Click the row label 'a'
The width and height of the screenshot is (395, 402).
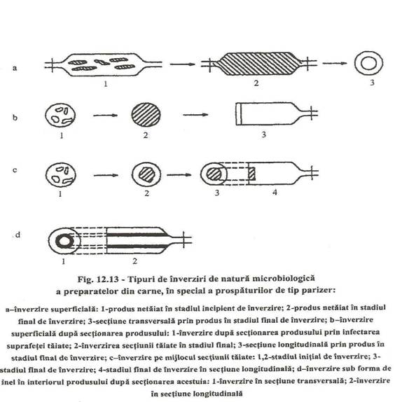click(15, 68)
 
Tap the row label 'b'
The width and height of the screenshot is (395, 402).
click(15, 118)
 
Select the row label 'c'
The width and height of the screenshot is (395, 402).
click(15, 170)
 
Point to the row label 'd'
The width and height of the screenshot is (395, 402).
click(18, 235)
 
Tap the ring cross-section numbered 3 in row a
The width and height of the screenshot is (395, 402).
click(356, 63)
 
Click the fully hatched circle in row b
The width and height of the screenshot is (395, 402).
click(146, 115)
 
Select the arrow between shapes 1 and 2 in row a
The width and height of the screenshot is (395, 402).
click(182, 64)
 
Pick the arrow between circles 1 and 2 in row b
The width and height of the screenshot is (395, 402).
click(105, 116)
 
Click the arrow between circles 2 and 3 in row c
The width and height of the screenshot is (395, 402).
click(179, 175)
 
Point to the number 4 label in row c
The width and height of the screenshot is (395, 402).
click(275, 193)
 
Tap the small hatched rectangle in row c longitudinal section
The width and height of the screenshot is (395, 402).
click(251, 174)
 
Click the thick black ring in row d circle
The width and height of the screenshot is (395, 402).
click(58, 242)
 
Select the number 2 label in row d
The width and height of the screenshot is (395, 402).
click(135, 261)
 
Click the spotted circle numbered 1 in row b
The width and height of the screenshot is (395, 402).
click(60, 115)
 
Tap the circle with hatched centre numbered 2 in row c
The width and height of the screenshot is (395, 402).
click(146, 174)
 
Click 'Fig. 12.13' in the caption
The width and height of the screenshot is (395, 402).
click(98, 279)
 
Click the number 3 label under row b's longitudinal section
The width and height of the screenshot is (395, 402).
click(263, 134)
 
